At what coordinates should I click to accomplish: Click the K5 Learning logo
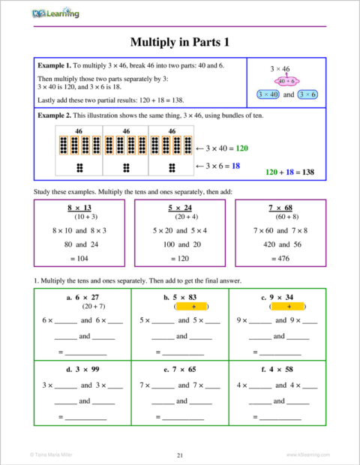[55, 13]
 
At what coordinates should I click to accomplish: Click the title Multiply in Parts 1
[179, 42]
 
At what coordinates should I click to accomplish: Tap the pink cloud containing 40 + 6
[285, 81]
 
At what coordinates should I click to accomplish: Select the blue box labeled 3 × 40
[266, 95]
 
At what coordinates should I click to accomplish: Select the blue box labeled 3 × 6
[306, 95]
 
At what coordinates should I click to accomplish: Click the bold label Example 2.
[58, 115]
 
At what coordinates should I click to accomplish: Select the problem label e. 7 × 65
[179, 369]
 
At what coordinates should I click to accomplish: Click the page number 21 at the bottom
[180, 454]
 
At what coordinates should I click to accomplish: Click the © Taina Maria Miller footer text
[51, 454]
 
